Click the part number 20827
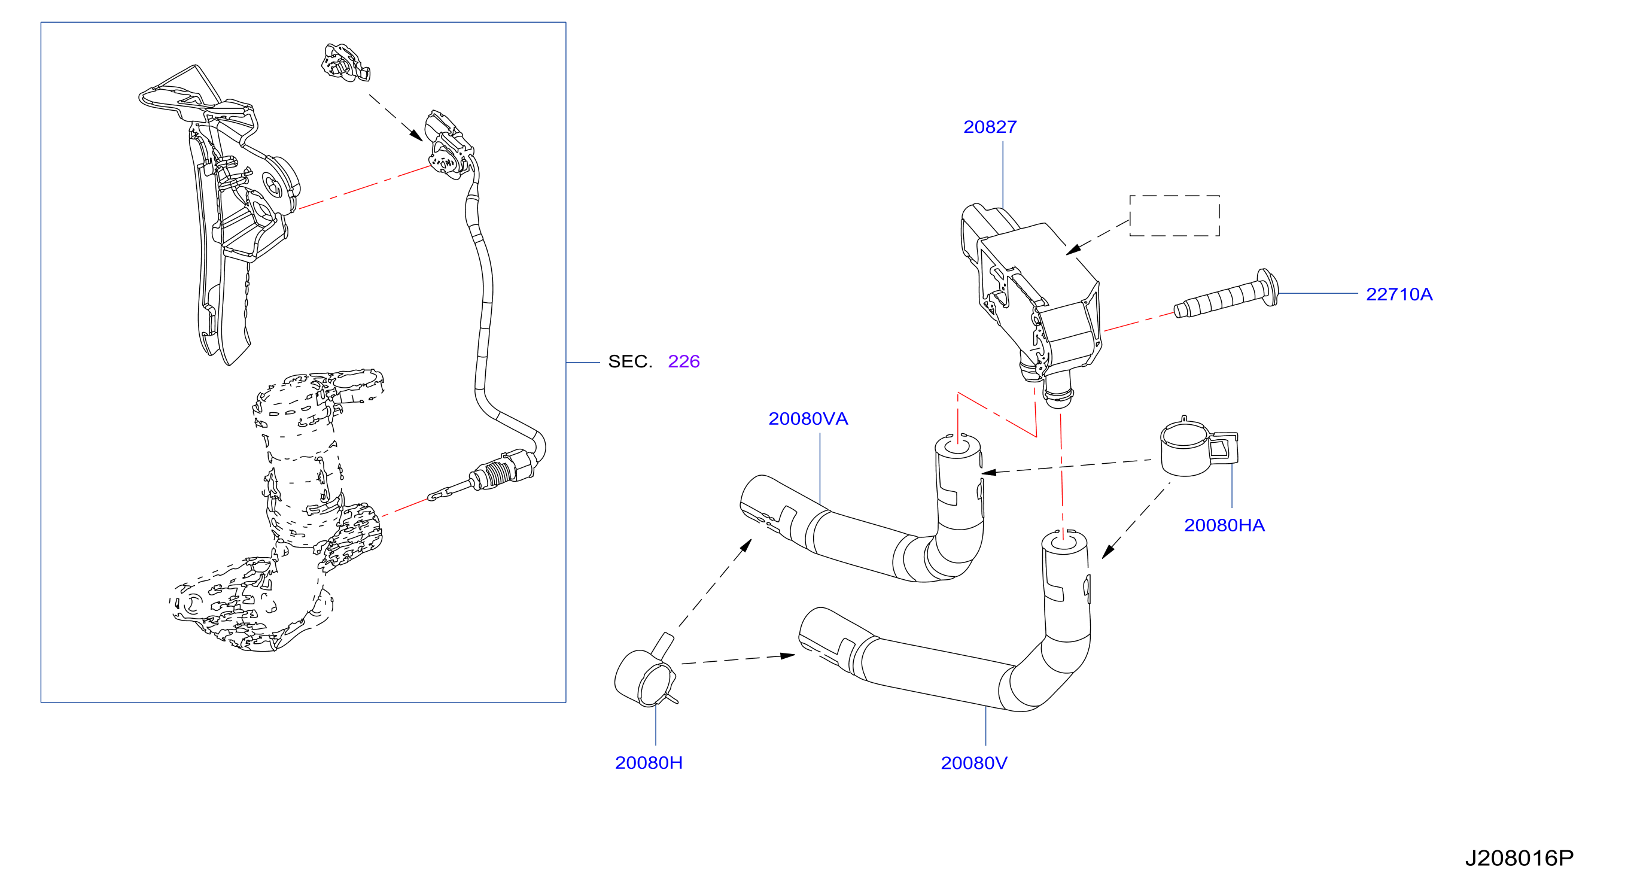tap(990, 127)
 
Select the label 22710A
tap(1399, 294)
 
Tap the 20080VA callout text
tap(808, 419)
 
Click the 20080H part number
tap(648, 763)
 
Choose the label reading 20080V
tap(973, 763)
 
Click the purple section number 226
tap(684, 361)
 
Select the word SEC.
tap(630, 361)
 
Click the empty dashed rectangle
tap(1174, 196)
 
